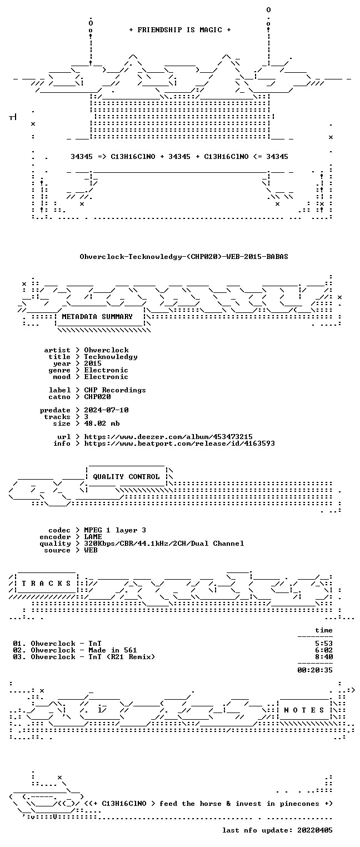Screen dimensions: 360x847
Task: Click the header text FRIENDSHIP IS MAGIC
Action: pyautogui.click(x=179, y=30)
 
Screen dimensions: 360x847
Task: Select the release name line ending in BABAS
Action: pyautogui.click(x=184, y=257)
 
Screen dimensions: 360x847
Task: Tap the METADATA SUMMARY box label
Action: pyautogui.click(x=97, y=316)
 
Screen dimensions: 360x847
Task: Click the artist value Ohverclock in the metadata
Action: pyautogui.click(x=106, y=350)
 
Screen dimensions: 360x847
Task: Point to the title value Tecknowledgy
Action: pyautogui.click(x=111, y=357)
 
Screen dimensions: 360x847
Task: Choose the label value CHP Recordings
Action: pyautogui.click(x=115, y=390)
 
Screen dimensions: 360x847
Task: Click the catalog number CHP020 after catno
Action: pyautogui.click(x=97, y=397)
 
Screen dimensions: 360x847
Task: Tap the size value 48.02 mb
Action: pyautogui.click(x=102, y=423)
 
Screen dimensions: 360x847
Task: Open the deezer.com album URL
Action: pyautogui.click(x=168, y=437)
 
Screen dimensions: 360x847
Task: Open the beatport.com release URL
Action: pyautogui.click(x=179, y=444)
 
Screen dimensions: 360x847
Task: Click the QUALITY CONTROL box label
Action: pyautogui.click(x=126, y=477)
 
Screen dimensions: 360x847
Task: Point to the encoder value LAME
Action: pyautogui.click(x=93, y=537)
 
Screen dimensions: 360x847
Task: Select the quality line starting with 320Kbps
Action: pyautogui.click(x=164, y=544)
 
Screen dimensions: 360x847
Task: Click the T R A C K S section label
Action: pyautogui.click(x=46, y=584)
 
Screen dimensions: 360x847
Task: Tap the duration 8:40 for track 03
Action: pyautogui.click(x=324, y=657)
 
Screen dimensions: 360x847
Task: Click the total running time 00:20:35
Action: pyautogui.click(x=315, y=670)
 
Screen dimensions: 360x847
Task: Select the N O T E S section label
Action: pyautogui.click(x=304, y=710)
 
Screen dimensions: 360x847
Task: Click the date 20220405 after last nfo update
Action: pyautogui.click(x=315, y=830)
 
